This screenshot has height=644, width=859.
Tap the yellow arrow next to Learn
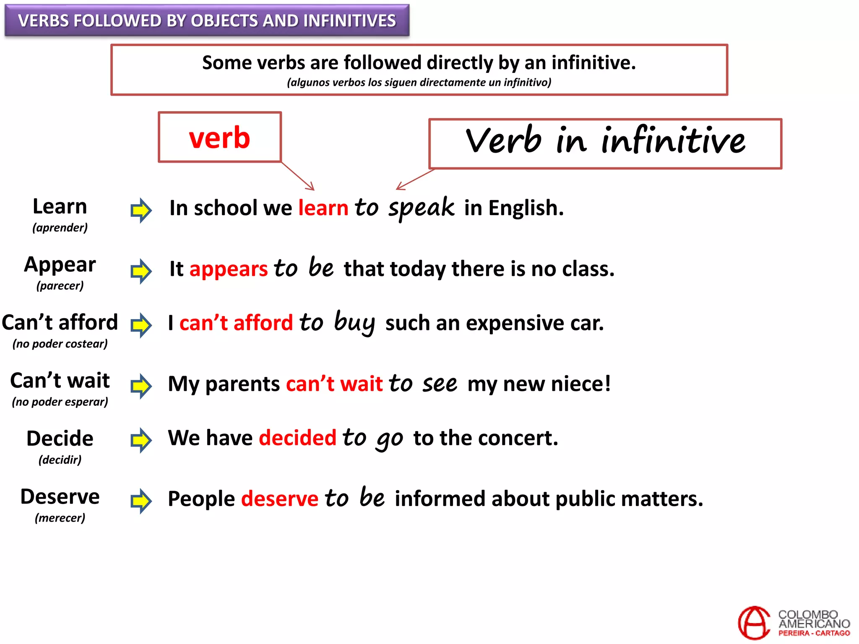[141, 210]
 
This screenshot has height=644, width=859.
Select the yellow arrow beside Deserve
[141, 501]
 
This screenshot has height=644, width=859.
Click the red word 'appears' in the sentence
[229, 269]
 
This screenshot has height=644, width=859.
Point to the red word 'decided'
[298, 438]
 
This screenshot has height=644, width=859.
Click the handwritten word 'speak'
[421, 208]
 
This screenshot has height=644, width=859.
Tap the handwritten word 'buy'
[354, 322]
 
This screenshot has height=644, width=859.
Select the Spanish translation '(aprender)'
[60, 228]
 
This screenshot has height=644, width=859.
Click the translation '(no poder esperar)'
[60, 402]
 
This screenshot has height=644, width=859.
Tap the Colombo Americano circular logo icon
[754, 623]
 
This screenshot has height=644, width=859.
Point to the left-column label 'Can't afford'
[60, 322]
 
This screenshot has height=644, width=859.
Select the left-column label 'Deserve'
[60, 497]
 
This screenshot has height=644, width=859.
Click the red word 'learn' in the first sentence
[323, 208]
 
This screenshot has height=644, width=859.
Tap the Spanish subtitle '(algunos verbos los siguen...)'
[419, 82]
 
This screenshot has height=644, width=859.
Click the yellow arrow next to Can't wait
[141, 386]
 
